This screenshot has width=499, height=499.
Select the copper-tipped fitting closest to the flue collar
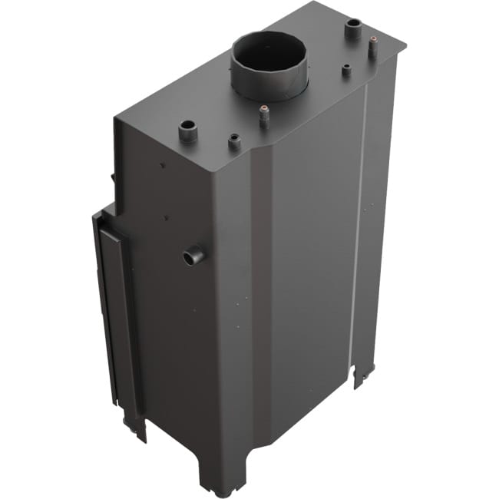pyautogui.click(x=264, y=116)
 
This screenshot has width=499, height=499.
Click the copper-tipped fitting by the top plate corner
pyautogui.click(x=372, y=47)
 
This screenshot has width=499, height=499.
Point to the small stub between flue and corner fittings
pyautogui.click(x=346, y=71)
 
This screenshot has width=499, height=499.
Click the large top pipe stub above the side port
pyautogui.click(x=188, y=131)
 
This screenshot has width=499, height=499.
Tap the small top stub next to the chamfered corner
pyautogui.click(x=233, y=142)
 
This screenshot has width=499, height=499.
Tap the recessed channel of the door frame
pyautogui.click(x=115, y=307)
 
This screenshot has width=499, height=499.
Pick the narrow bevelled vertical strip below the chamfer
pyautogui.click(x=261, y=307)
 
